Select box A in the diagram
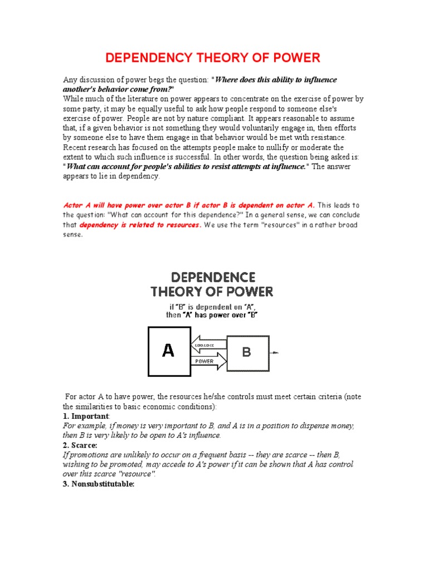[168, 351]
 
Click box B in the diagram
[248, 353]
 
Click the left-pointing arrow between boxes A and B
[209, 346]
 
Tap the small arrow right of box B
[275, 353]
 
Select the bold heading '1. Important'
[86, 417]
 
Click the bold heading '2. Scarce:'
[80, 446]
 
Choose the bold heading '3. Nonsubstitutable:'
[99, 484]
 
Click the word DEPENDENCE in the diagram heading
[212, 278]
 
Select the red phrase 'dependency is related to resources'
[139, 225]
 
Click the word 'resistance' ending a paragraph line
[325, 138]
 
